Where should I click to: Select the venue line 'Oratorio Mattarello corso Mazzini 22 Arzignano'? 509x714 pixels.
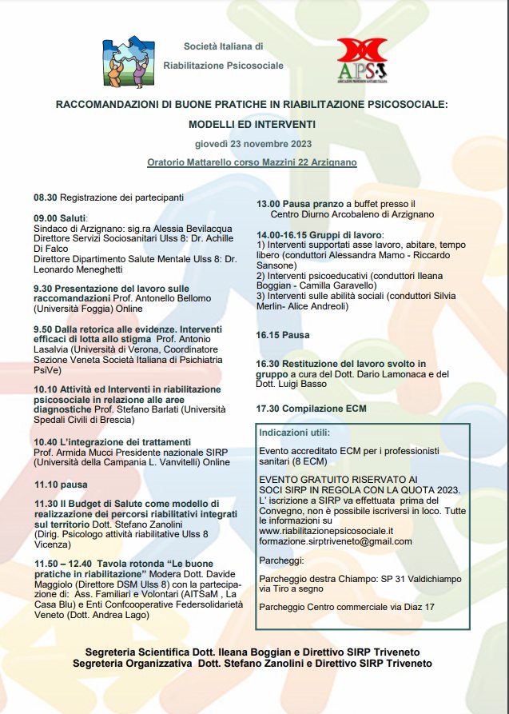click(x=252, y=162)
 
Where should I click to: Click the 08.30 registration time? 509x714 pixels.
click(x=46, y=197)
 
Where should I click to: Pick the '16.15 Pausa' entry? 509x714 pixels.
click(x=283, y=335)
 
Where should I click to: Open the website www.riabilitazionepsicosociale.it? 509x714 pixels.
click(x=326, y=530)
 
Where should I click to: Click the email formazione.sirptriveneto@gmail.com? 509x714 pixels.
click(x=336, y=541)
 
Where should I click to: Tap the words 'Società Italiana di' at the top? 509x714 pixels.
click(x=223, y=47)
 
